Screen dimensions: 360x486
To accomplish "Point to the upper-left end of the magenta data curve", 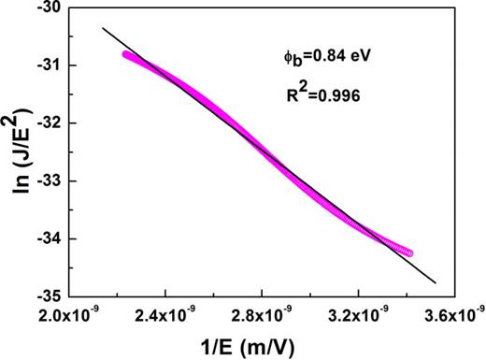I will (x=126, y=54).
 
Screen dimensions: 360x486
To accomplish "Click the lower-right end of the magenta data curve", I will (x=408, y=252).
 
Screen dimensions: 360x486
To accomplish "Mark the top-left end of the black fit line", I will (x=103, y=27).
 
